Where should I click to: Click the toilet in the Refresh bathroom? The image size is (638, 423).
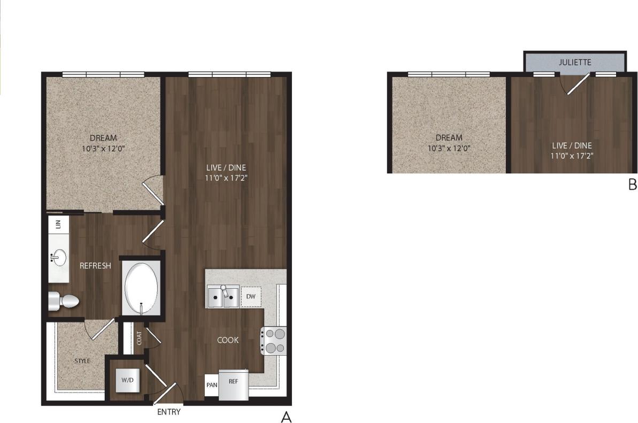[x=64, y=302]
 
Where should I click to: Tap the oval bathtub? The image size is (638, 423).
[x=141, y=288]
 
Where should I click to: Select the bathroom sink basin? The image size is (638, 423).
[x=58, y=258]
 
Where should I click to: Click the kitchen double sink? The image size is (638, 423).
[x=223, y=297]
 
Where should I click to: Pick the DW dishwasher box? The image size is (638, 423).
[x=250, y=296]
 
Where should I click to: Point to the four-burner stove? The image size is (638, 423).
[x=273, y=341]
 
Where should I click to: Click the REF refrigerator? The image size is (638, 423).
[x=234, y=383]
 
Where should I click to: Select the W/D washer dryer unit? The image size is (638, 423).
[x=127, y=380]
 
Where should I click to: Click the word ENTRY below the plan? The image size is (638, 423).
[x=168, y=412]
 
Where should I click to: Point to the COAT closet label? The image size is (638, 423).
[x=139, y=338]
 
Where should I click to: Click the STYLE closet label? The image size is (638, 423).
[x=82, y=361]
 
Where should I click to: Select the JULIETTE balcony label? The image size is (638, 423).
[x=575, y=62]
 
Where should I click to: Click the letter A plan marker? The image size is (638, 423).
[x=286, y=417]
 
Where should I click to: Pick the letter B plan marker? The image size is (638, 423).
[x=632, y=185]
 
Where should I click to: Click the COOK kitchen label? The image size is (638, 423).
[x=228, y=340]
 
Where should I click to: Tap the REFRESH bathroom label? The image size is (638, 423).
[x=95, y=266]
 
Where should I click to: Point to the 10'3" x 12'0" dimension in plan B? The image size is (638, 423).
[x=449, y=148]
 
